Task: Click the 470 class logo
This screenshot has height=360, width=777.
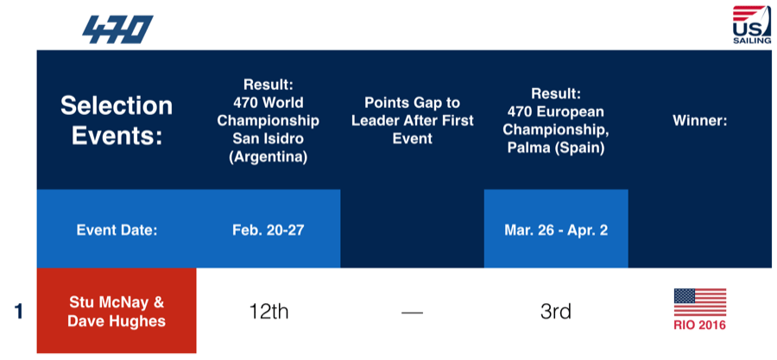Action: tap(117, 29)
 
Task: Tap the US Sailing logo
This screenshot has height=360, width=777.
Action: tap(752, 25)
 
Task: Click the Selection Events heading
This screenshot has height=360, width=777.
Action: tap(117, 121)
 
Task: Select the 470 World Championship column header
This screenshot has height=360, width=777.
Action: tap(268, 121)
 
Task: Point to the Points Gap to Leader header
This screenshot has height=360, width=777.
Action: tap(413, 120)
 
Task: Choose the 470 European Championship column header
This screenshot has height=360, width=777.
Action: tap(555, 121)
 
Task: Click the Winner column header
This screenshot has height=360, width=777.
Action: tap(699, 121)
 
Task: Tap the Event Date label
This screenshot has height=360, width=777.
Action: tap(117, 231)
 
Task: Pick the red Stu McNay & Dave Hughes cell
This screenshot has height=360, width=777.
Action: tap(117, 311)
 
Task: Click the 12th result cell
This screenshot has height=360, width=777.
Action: tap(268, 312)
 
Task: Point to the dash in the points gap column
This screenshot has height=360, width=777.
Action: tap(413, 313)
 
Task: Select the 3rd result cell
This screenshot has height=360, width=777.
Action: tap(555, 312)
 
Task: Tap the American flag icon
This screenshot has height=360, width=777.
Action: tap(699, 302)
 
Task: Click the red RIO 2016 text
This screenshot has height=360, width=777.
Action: tap(699, 325)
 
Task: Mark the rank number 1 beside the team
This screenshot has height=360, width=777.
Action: tap(18, 312)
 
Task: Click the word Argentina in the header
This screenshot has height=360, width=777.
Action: tap(268, 157)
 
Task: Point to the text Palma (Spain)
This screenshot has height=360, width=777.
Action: tap(555, 148)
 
